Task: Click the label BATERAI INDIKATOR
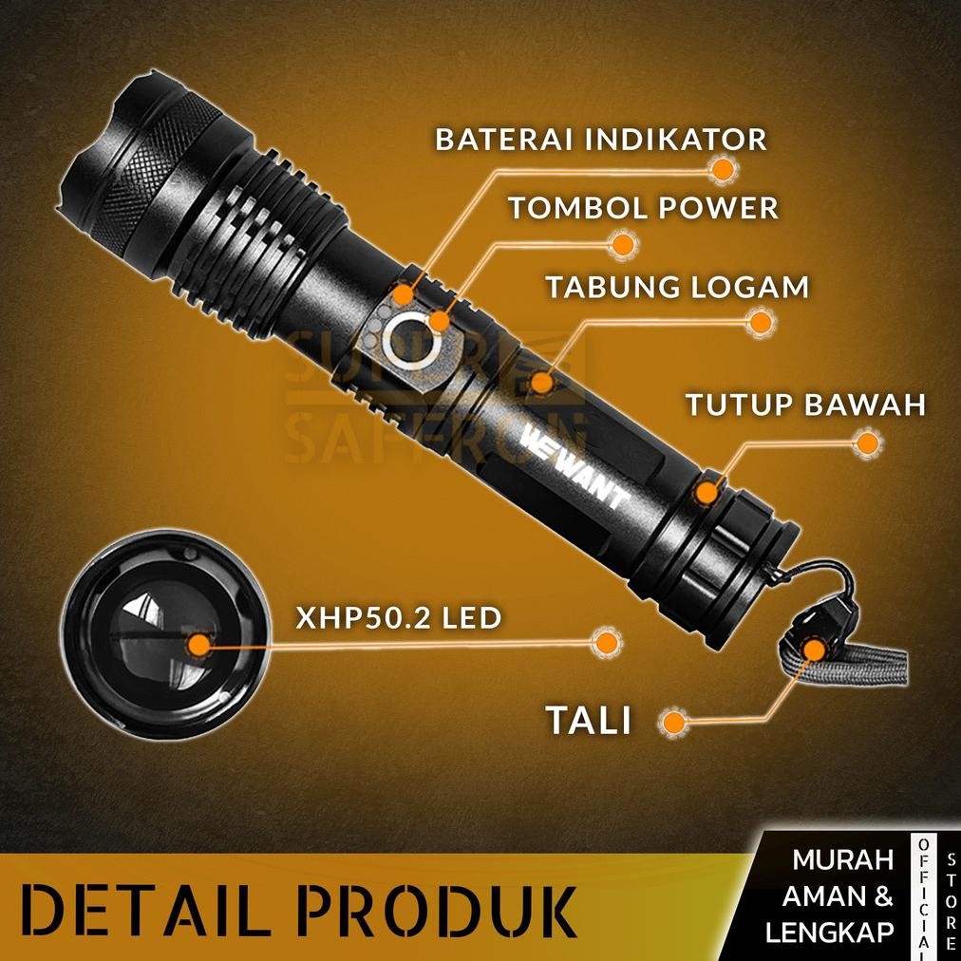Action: (600, 139)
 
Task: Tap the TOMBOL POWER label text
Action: (643, 207)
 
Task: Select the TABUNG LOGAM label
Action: (676, 287)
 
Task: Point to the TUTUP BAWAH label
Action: (805, 405)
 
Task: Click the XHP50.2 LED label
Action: (398, 618)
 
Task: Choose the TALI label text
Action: (589, 720)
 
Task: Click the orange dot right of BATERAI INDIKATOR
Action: (724, 170)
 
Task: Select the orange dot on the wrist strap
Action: (813, 650)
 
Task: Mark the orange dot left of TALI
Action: (673, 722)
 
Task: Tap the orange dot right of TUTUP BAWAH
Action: (866, 443)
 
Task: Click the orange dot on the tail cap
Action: (707, 492)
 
